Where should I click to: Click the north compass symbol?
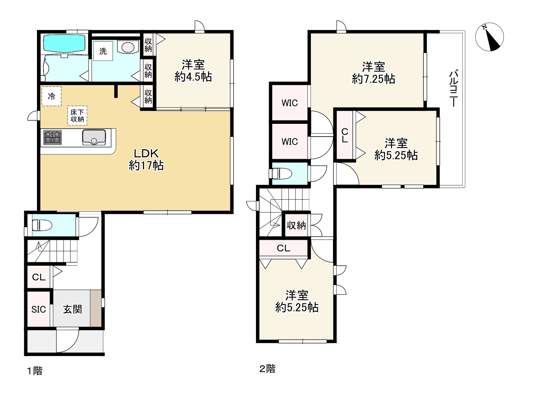click(489, 37)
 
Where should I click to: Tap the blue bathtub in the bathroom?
click(64, 43)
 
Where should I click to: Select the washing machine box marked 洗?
click(103, 51)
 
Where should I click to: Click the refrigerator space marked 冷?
click(51, 96)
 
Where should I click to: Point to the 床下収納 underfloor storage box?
click(77, 116)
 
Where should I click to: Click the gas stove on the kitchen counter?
click(53, 137)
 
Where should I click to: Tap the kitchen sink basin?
click(94, 137)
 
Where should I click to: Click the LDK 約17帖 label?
click(146, 159)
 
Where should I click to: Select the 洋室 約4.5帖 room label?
click(193, 71)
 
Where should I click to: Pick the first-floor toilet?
click(42, 225)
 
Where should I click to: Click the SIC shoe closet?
click(39, 309)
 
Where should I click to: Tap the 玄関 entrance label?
click(72, 309)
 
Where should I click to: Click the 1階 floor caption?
click(35, 371)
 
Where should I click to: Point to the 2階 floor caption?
click(267, 369)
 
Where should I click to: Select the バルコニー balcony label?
click(454, 88)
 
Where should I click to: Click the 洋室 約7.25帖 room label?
click(373, 73)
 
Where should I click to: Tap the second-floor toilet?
click(281, 174)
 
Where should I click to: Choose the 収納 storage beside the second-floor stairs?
click(296, 225)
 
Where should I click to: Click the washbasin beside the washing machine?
click(128, 47)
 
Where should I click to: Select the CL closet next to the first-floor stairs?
click(39, 277)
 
